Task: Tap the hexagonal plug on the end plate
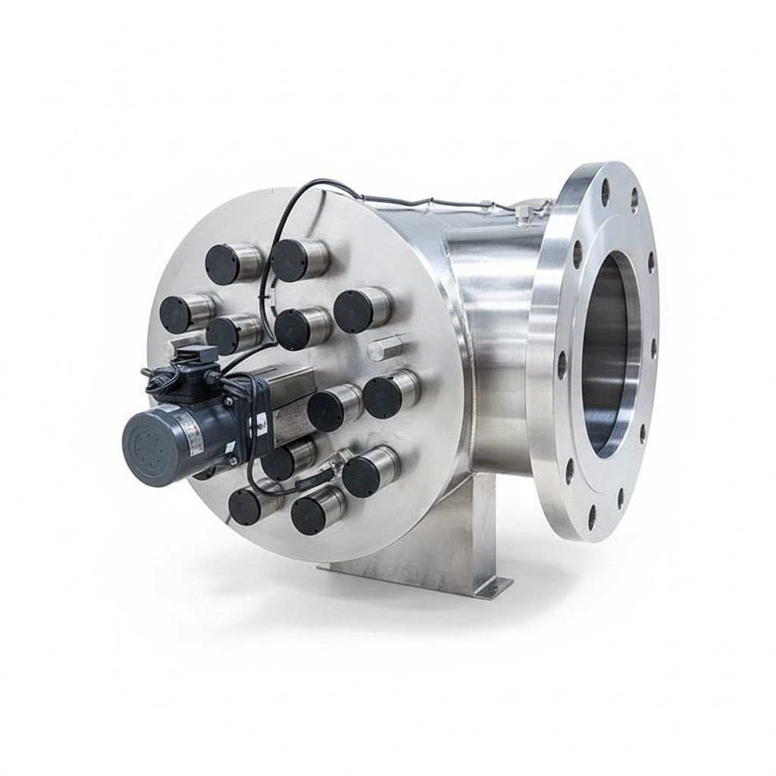pyautogui.click(x=385, y=348)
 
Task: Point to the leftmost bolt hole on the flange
pyautogui.click(x=562, y=365)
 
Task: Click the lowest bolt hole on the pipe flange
pyautogui.click(x=592, y=517)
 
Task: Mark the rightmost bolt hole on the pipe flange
pyautogui.click(x=653, y=348)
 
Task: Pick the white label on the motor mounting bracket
pyautogui.click(x=260, y=424)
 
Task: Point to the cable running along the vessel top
pyautogui.click(x=432, y=202)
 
